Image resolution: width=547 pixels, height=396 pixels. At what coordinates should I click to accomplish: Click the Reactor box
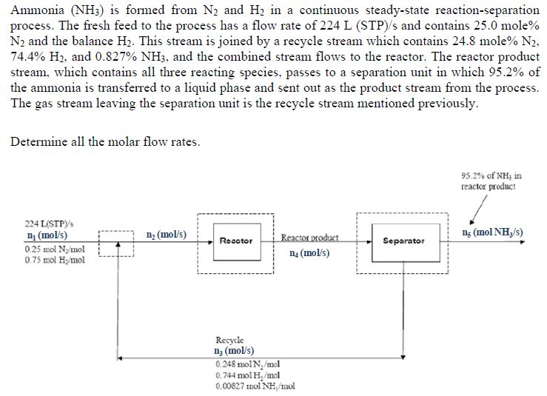[x=236, y=241]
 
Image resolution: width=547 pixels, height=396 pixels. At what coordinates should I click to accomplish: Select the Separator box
[x=404, y=241]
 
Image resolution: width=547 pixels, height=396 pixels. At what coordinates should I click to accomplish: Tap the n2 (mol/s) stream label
[x=167, y=234]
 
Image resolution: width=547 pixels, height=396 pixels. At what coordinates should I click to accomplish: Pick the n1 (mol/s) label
[x=27, y=234]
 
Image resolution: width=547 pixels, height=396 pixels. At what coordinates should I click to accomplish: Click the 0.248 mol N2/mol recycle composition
[x=246, y=363]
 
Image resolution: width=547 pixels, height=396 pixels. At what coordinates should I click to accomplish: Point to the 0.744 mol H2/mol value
[x=246, y=375]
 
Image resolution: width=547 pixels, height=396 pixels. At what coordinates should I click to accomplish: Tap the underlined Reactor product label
[x=309, y=238]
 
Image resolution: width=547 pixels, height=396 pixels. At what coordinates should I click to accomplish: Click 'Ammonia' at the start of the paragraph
[x=33, y=10]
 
